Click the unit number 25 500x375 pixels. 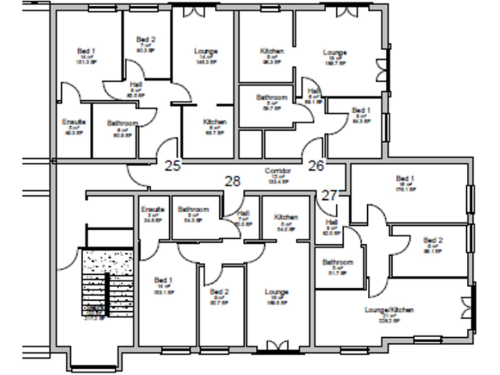(x=173, y=165)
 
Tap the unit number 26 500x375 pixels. (x=316, y=165)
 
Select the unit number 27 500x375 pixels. (x=330, y=195)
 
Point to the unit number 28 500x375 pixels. (x=233, y=181)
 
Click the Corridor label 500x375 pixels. (x=277, y=171)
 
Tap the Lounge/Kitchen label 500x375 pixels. (x=389, y=310)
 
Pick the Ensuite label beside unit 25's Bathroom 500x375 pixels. (x=71, y=122)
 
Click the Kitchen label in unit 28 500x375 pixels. (x=286, y=217)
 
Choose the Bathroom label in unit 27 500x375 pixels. (x=337, y=262)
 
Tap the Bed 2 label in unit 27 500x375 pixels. (x=433, y=240)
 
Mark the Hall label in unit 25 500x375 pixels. (x=136, y=84)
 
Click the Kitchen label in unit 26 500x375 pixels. (x=271, y=51)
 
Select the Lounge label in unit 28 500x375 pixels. (x=277, y=292)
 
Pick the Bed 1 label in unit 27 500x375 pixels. (x=405, y=178)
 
